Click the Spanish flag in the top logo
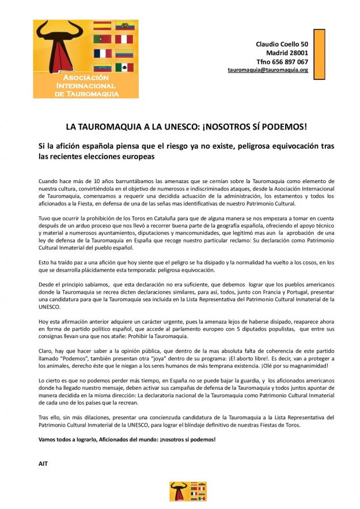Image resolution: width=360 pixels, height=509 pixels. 102,25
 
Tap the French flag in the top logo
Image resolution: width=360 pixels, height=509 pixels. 102,54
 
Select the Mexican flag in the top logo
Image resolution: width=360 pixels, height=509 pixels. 124,67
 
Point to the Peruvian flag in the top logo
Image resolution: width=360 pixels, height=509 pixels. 124,39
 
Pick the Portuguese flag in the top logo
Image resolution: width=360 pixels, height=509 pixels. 102,39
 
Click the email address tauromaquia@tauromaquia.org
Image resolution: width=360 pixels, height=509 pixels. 268,70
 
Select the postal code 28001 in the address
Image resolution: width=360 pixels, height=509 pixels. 295,53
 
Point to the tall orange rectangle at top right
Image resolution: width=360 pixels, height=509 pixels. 319,50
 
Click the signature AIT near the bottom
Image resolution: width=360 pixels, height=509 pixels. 43,463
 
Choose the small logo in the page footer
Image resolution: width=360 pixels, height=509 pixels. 180,491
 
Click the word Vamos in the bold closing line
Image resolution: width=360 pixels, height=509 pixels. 48,439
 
